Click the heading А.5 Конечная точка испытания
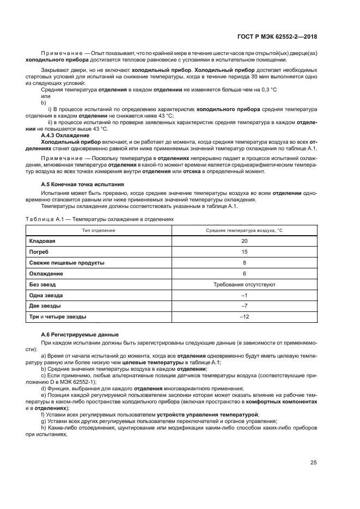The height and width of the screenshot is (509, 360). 82,185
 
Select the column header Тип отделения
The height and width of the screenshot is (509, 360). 99,230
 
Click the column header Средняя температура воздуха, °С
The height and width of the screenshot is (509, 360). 244,230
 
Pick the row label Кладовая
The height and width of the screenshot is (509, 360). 42,241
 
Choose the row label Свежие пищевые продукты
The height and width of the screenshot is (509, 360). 66,262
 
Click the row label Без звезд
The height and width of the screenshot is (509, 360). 42,284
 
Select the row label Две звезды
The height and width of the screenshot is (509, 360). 45,306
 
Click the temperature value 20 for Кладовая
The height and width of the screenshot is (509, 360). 244,241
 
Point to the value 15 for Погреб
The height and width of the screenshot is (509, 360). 244,252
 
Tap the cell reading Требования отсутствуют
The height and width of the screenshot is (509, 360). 244,284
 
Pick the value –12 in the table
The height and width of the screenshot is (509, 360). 244,316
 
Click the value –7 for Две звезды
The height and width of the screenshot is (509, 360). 244,306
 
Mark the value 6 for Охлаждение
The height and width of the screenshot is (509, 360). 244,273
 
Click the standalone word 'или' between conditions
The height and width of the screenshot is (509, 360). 46,96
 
